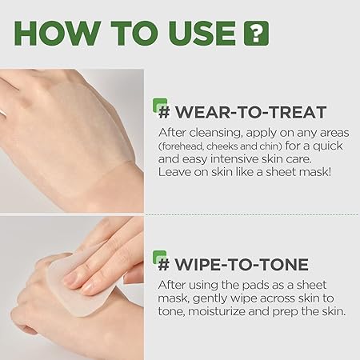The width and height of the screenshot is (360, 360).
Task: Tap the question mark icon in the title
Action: point(255,34)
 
